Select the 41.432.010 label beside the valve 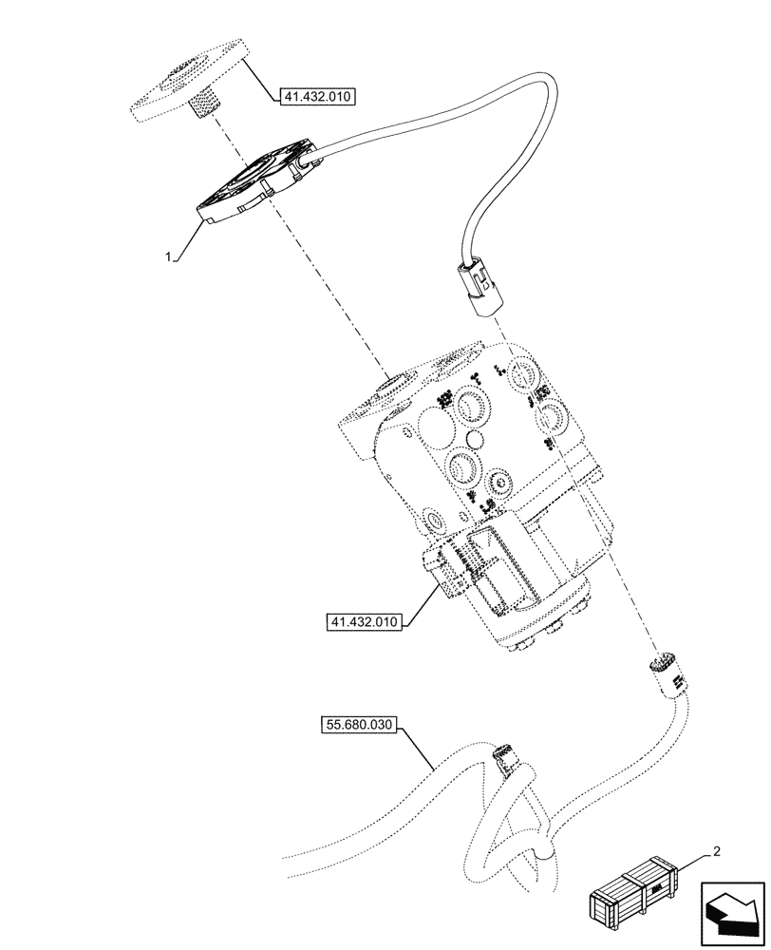[x=364, y=622]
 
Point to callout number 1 [x=168, y=256]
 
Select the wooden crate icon [x=634, y=895]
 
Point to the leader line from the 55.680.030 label [x=423, y=746]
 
